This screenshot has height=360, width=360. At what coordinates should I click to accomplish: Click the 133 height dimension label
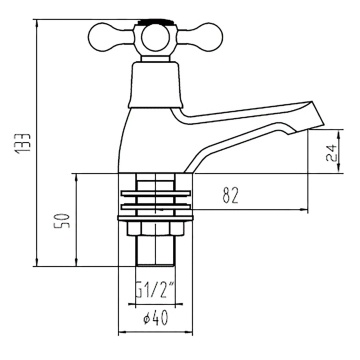23,143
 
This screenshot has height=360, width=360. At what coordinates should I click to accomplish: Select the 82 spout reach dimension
231,196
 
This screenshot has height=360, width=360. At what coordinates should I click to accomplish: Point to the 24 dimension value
332,153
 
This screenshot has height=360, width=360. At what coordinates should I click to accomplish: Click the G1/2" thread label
155,291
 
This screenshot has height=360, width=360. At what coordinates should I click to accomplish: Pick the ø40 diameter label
156,319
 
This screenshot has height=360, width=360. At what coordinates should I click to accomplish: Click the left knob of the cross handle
106,37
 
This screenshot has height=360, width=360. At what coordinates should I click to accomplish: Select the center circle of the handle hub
155,38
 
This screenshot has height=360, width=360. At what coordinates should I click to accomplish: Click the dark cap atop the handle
156,22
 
